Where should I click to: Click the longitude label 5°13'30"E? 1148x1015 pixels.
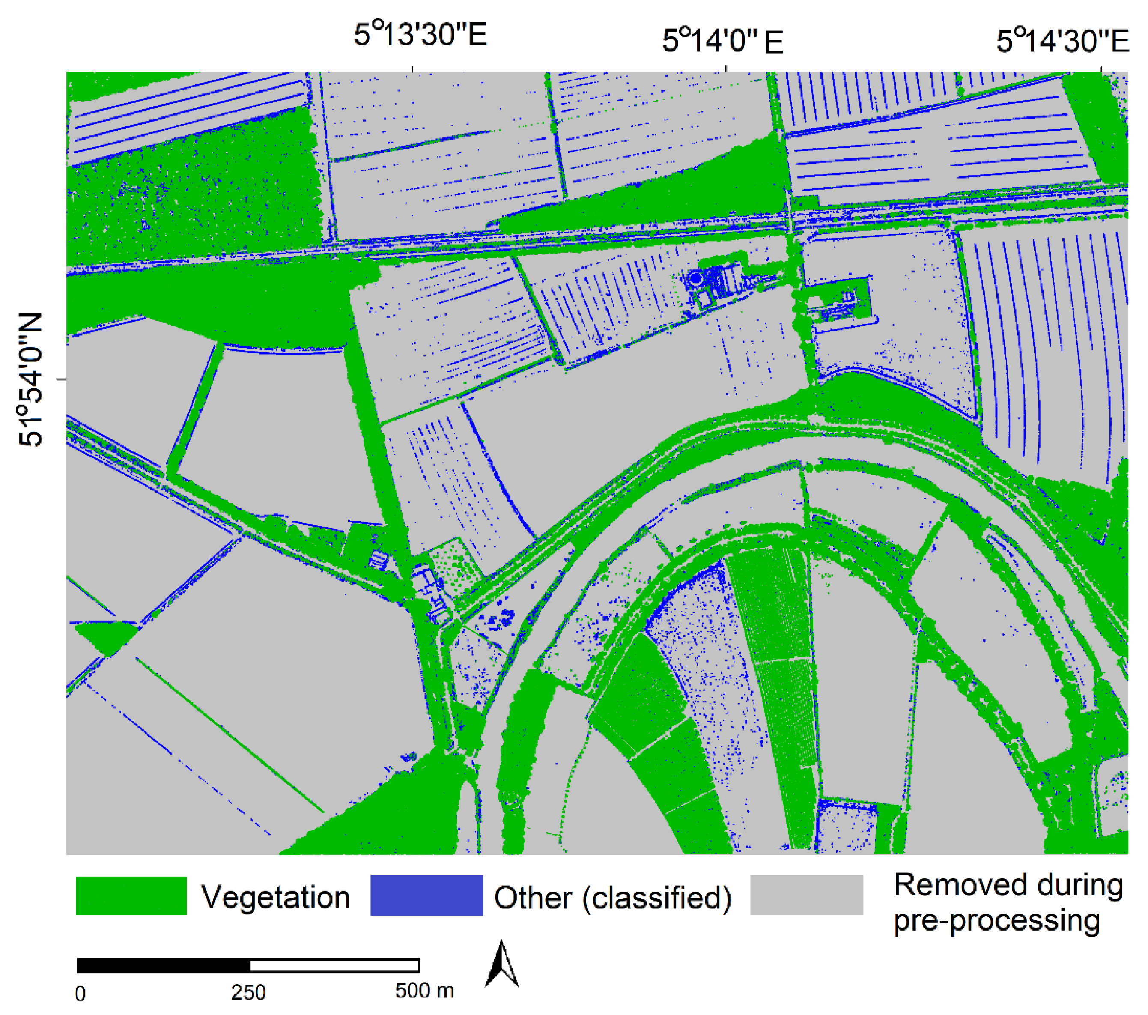click(420, 35)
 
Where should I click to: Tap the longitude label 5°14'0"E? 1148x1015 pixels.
click(722, 41)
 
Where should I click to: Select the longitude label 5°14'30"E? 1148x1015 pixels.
click(1062, 41)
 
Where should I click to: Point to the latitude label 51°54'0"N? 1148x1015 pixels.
click(31, 380)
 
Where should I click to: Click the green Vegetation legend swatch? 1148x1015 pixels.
click(131, 896)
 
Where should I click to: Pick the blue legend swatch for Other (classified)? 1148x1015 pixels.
click(426, 896)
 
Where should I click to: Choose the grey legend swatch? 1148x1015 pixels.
click(807, 895)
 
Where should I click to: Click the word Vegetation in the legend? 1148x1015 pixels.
click(276, 897)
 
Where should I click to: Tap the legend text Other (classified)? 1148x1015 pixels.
click(612, 898)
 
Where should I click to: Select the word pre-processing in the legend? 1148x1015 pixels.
click(996, 922)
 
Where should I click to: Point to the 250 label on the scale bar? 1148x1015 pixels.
click(248, 993)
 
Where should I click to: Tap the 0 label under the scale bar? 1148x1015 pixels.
click(81, 994)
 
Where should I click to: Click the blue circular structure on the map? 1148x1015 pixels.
click(695, 278)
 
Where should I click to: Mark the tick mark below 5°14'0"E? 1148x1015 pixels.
click(726, 69)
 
